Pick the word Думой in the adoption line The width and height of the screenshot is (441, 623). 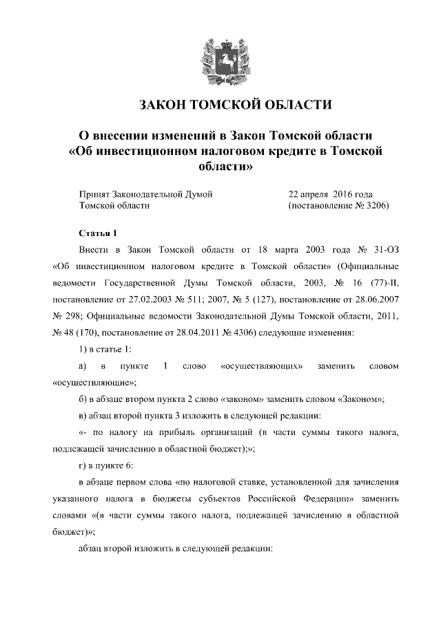click(198, 194)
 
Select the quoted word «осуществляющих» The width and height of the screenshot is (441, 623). click(263, 366)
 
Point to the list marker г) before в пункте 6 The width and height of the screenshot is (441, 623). click(84, 466)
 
